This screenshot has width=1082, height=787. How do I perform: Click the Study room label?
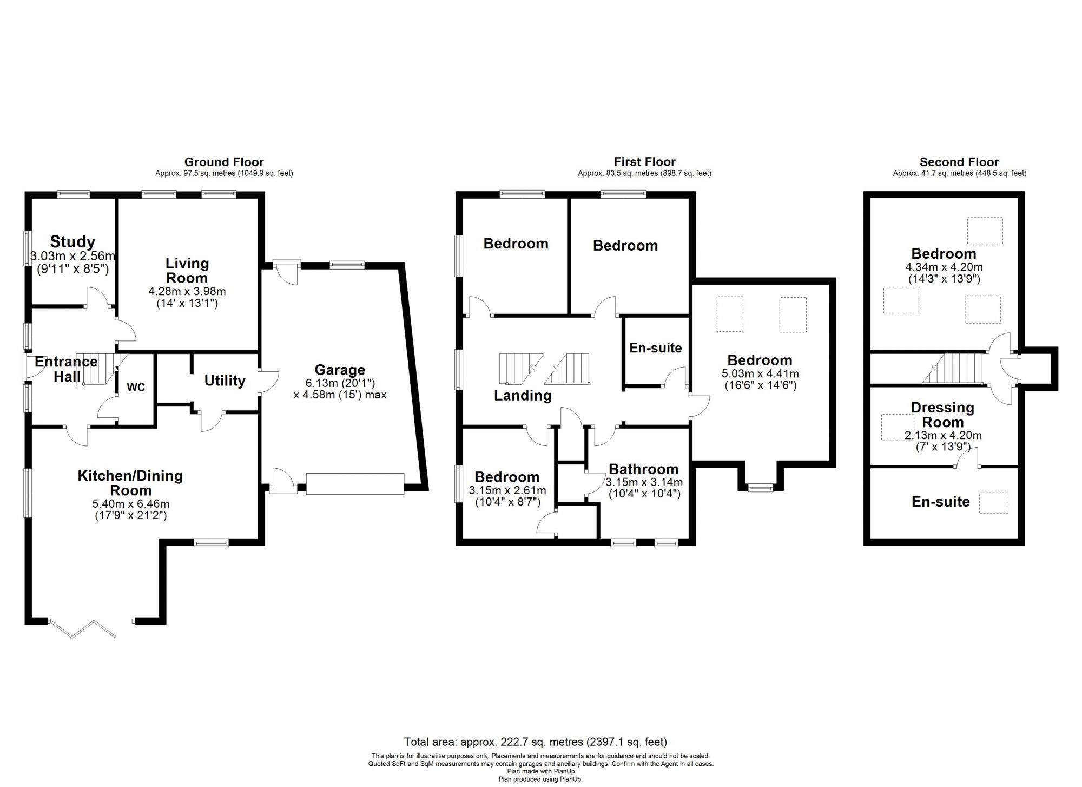[72, 241]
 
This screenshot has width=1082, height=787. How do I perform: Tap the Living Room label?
[187, 271]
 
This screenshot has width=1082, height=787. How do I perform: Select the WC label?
[136, 388]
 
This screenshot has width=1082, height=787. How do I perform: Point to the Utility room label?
[225, 381]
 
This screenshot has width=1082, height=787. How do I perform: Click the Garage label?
[340, 370]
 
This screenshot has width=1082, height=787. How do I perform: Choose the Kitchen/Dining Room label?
[130, 483]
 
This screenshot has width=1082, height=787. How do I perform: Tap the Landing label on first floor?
[523, 396]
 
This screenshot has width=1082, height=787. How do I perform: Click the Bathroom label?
[643, 469]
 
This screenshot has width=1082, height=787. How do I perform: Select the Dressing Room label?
[942, 415]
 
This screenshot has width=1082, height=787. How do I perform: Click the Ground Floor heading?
[224, 162]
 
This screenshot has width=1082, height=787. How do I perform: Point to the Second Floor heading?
[959, 162]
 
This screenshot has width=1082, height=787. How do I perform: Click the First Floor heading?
[644, 161]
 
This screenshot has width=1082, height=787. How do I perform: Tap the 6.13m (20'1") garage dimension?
[340, 383]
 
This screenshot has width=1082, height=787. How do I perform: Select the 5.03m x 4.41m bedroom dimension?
[760, 373]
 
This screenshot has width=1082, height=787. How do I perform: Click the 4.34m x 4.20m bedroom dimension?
[944, 267]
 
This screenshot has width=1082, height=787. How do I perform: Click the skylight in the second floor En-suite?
[994, 503]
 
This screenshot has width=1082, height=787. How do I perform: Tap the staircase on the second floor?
[952, 369]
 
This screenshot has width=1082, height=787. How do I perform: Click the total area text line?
[536, 742]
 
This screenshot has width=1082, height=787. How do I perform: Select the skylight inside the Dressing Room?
[898, 427]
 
